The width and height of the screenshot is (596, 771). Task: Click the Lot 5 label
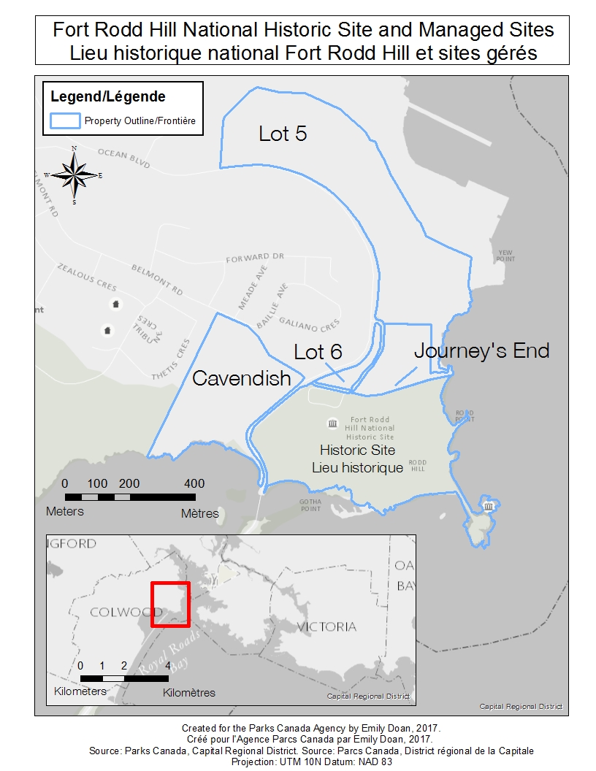[x=283, y=134]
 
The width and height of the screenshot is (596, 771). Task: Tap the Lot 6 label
[x=318, y=352]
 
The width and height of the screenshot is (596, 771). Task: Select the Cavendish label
[x=241, y=378]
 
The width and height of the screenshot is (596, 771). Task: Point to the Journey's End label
[x=481, y=351]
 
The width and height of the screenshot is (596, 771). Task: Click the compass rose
[x=74, y=175]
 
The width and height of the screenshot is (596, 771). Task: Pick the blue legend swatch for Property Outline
[x=64, y=120]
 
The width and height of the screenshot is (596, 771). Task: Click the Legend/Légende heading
[x=108, y=96]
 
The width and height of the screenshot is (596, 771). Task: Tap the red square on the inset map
[x=170, y=605]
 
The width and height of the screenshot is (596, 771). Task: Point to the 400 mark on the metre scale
[x=194, y=483]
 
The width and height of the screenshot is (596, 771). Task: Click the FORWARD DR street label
[x=254, y=258]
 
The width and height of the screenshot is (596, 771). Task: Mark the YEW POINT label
[x=505, y=256]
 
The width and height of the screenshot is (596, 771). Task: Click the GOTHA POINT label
[x=310, y=505]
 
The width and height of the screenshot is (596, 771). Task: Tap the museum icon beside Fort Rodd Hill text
[x=333, y=423]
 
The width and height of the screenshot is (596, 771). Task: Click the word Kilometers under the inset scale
[x=80, y=691]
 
